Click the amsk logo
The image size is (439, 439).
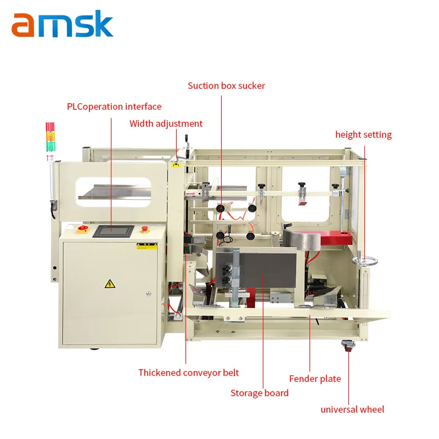click(x=62, y=25)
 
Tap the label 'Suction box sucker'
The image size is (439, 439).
click(x=226, y=86)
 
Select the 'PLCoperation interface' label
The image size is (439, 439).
click(x=114, y=106)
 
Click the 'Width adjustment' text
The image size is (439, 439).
click(x=166, y=123)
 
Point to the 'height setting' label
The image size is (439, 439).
click(x=363, y=134)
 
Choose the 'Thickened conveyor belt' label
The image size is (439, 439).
click(x=188, y=373)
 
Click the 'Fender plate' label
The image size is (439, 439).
click(x=315, y=379)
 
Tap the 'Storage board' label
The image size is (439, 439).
click(x=259, y=392)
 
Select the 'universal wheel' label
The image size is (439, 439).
click(x=352, y=409)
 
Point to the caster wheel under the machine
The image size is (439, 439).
click(x=347, y=346)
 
